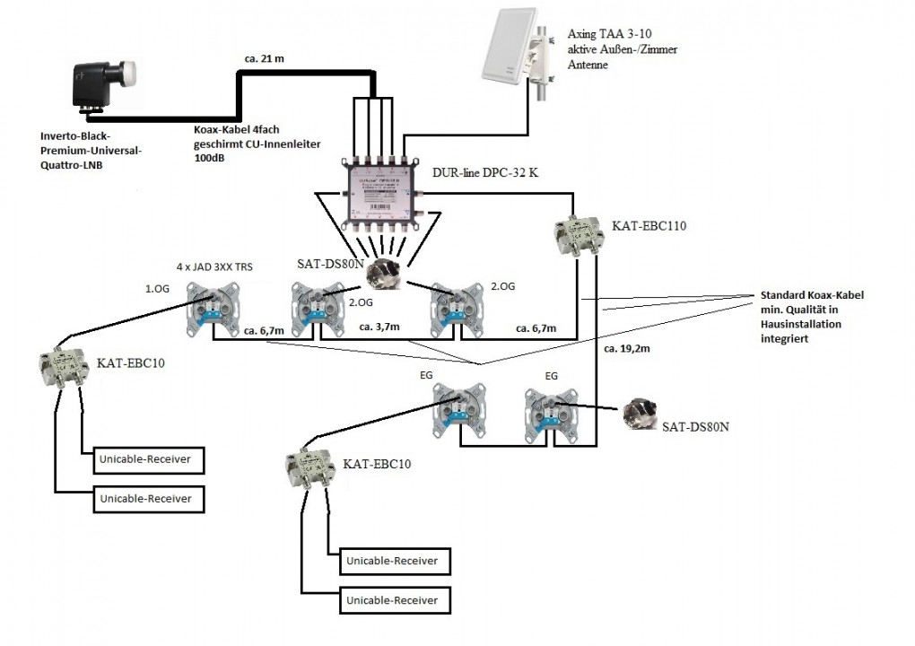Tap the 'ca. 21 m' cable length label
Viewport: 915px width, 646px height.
(264, 59)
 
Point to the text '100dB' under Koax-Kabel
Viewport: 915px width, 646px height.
(210, 157)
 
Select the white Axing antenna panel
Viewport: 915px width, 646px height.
(507, 53)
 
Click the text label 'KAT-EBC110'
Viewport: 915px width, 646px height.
(649, 226)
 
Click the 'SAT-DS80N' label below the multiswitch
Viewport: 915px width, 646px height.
(330, 264)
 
